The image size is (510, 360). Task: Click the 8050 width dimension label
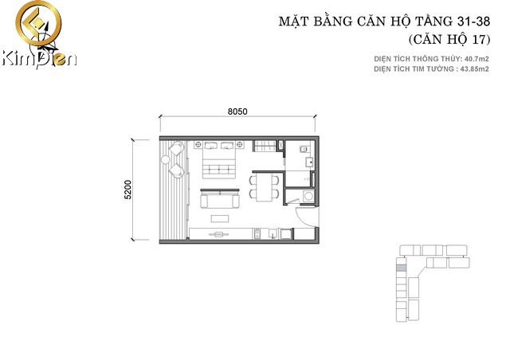(237, 112)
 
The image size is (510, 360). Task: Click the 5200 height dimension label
(127, 190)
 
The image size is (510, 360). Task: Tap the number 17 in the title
(478, 39)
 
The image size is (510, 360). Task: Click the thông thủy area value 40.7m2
(477, 59)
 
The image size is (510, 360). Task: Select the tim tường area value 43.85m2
(475, 69)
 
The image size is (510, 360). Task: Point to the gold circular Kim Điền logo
(38, 23)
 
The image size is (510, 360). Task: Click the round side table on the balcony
(166, 159)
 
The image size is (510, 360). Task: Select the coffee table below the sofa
(220, 218)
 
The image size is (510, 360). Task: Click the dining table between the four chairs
(264, 187)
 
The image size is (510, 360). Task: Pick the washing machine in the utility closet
(308, 197)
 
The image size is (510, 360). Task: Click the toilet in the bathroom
(304, 149)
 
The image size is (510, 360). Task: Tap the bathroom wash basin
(309, 162)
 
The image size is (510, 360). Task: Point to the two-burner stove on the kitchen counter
(257, 233)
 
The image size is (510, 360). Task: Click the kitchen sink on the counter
(273, 233)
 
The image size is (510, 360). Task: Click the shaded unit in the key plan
(402, 268)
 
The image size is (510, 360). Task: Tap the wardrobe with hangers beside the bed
(265, 146)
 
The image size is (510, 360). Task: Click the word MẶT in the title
(292, 22)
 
